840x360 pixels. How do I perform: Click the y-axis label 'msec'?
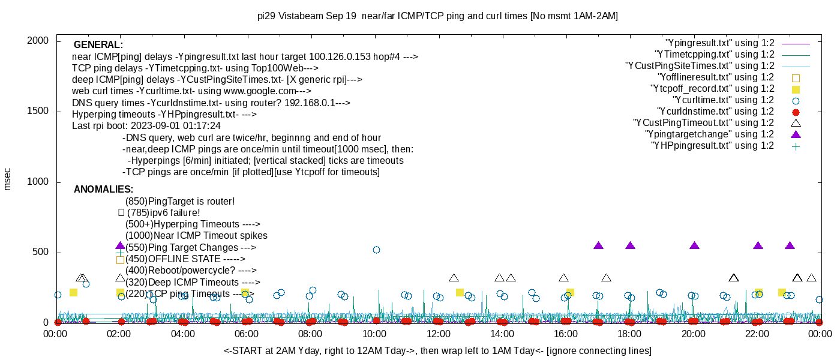[8, 179]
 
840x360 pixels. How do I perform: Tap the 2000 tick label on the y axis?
[37, 41]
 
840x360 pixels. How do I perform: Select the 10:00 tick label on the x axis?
[374, 334]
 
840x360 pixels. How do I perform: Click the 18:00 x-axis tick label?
[629, 334]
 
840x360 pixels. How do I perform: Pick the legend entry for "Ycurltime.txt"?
[723, 100]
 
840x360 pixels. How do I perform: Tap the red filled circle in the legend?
[796, 112]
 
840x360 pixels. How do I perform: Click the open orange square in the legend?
[796, 77]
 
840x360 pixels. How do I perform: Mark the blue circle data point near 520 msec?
[376, 250]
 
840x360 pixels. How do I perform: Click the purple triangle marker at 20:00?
[694, 246]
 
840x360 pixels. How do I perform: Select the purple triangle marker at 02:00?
[120, 246]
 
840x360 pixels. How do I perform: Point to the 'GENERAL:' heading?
[98, 45]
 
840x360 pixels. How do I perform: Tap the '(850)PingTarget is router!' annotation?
[180, 202]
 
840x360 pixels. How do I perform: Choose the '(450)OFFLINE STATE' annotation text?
[173, 259]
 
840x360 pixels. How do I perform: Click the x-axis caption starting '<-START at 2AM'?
[437, 350]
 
